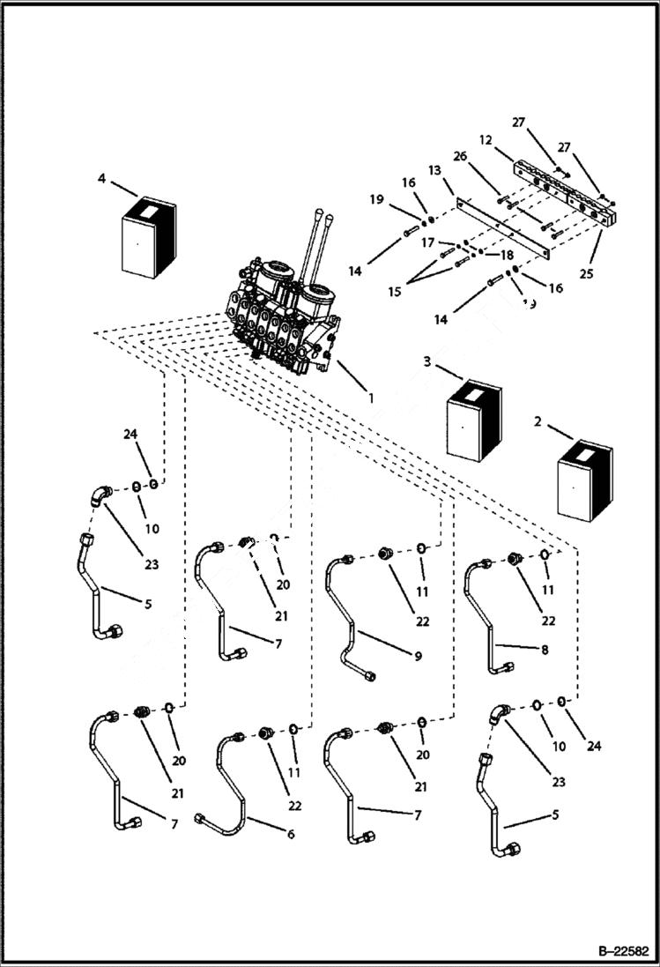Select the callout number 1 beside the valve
(371, 398)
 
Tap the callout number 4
(102, 179)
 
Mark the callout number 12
(484, 141)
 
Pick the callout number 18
(507, 254)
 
